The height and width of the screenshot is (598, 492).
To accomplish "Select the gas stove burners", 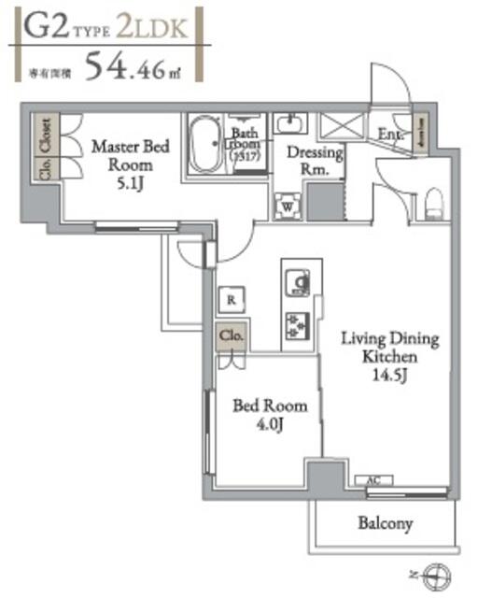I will point(300,324).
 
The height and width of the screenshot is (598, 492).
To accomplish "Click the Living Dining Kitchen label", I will point(388,348).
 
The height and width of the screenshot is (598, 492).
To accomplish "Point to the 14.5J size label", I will point(388,375).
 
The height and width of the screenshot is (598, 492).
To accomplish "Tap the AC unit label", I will point(373,480).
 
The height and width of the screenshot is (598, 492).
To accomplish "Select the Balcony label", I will point(385,523).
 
